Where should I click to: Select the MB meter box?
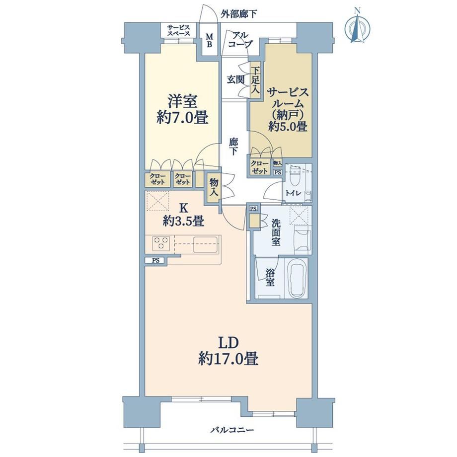click(210, 41)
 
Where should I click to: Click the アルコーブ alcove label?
click(240, 40)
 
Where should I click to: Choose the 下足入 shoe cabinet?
click(255, 80)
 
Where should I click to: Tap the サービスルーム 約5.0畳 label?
click(288, 110)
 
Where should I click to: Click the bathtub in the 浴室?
click(298, 277)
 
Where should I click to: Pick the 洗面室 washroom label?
click(276, 232)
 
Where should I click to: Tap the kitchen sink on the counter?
click(205, 244)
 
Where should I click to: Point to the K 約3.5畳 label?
click(183, 215)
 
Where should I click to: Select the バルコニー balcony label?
click(232, 430)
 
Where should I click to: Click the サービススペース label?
click(178, 31)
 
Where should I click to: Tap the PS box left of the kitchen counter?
click(156, 261)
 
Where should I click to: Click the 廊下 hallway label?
click(233, 147)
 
